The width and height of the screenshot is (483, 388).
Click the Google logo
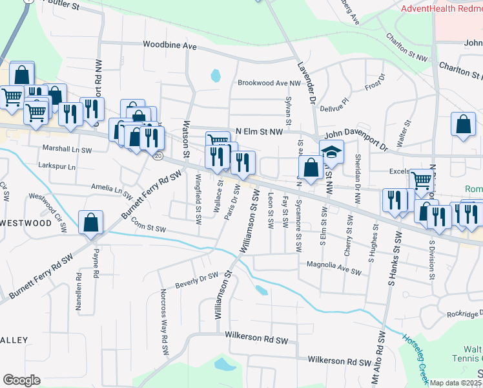pyautogui.click(x=21, y=380)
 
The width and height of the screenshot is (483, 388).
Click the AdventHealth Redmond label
pyautogui.click(x=441, y=8)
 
